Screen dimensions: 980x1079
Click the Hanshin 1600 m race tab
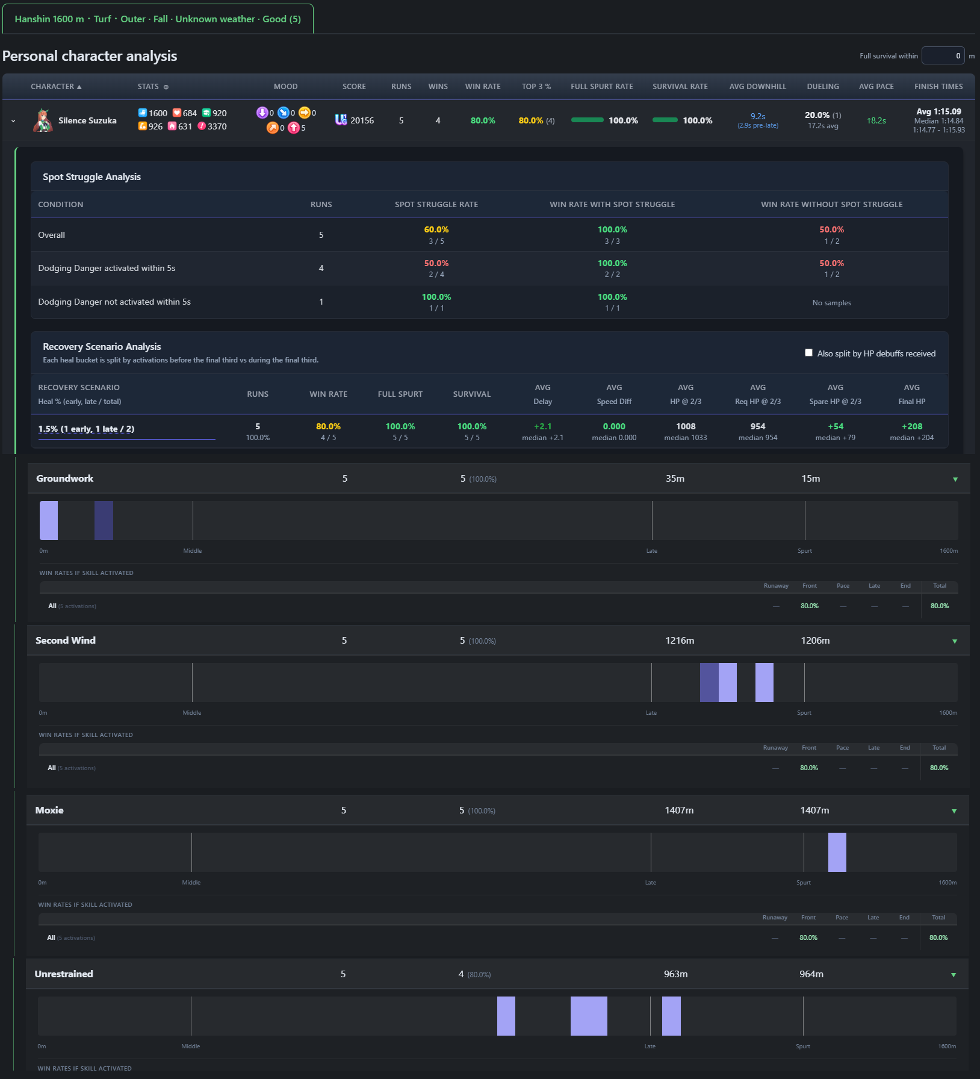[x=158, y=19]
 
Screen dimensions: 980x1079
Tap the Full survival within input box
[x=943, y=55]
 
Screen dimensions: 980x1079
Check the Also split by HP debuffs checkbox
[x=808, y=353]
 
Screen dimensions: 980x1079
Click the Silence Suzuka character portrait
[x=43, y=120]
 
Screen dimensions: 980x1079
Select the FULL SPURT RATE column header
[x=602, y=87]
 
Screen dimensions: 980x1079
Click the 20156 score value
[x=362, y=120]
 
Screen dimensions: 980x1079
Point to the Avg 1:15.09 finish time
[x=938, y=111]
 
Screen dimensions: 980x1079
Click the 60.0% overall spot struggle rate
[x=436, y=229]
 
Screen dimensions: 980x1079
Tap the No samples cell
[x=831, y=303]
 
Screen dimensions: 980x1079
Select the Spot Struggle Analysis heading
[x=91, y=177]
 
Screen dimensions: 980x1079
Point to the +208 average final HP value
[x=911, y=426]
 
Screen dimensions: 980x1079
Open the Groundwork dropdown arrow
[x=955, y=479]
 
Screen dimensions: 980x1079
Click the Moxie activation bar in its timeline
[x=837, y=852]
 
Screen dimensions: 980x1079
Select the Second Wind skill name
[x=66, y=641]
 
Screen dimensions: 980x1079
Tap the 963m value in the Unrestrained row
[x=675, y=974]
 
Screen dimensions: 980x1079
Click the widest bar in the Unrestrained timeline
[x=589, y=1016]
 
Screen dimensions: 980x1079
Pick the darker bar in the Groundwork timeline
[x=104, y=520]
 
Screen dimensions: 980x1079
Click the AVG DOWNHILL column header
[x=758, y=87]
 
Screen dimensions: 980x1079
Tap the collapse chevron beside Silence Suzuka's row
[x=13, y=121]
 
